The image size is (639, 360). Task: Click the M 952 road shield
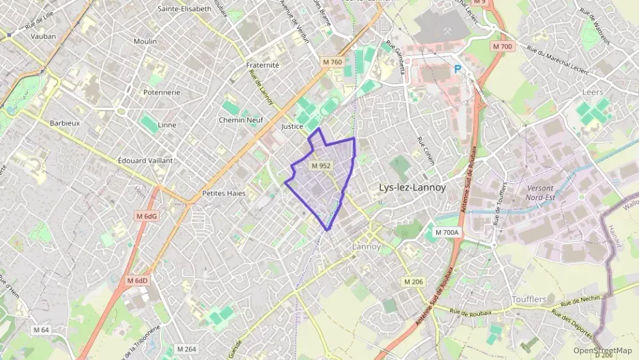coord(321,166)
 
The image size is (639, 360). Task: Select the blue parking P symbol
coord(459,68)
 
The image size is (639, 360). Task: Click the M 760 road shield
coord(332,62)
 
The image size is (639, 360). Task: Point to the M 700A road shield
coord(448,232)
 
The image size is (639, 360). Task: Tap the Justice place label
coord(292,126)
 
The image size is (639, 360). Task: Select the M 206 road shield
coord(413,281)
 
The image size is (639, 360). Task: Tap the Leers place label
coord(593,92)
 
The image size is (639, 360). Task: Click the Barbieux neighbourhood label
coord(65,124)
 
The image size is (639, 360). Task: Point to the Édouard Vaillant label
coord(145,160)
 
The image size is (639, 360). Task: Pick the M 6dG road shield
coord(147,216)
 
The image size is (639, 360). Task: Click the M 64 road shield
coord(41,330)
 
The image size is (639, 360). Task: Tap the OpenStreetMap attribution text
coord(602,350)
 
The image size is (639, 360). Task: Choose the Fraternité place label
coord(262,65)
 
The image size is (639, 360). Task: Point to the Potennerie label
coord(161,92)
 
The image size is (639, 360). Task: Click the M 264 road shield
coord(187,349)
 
